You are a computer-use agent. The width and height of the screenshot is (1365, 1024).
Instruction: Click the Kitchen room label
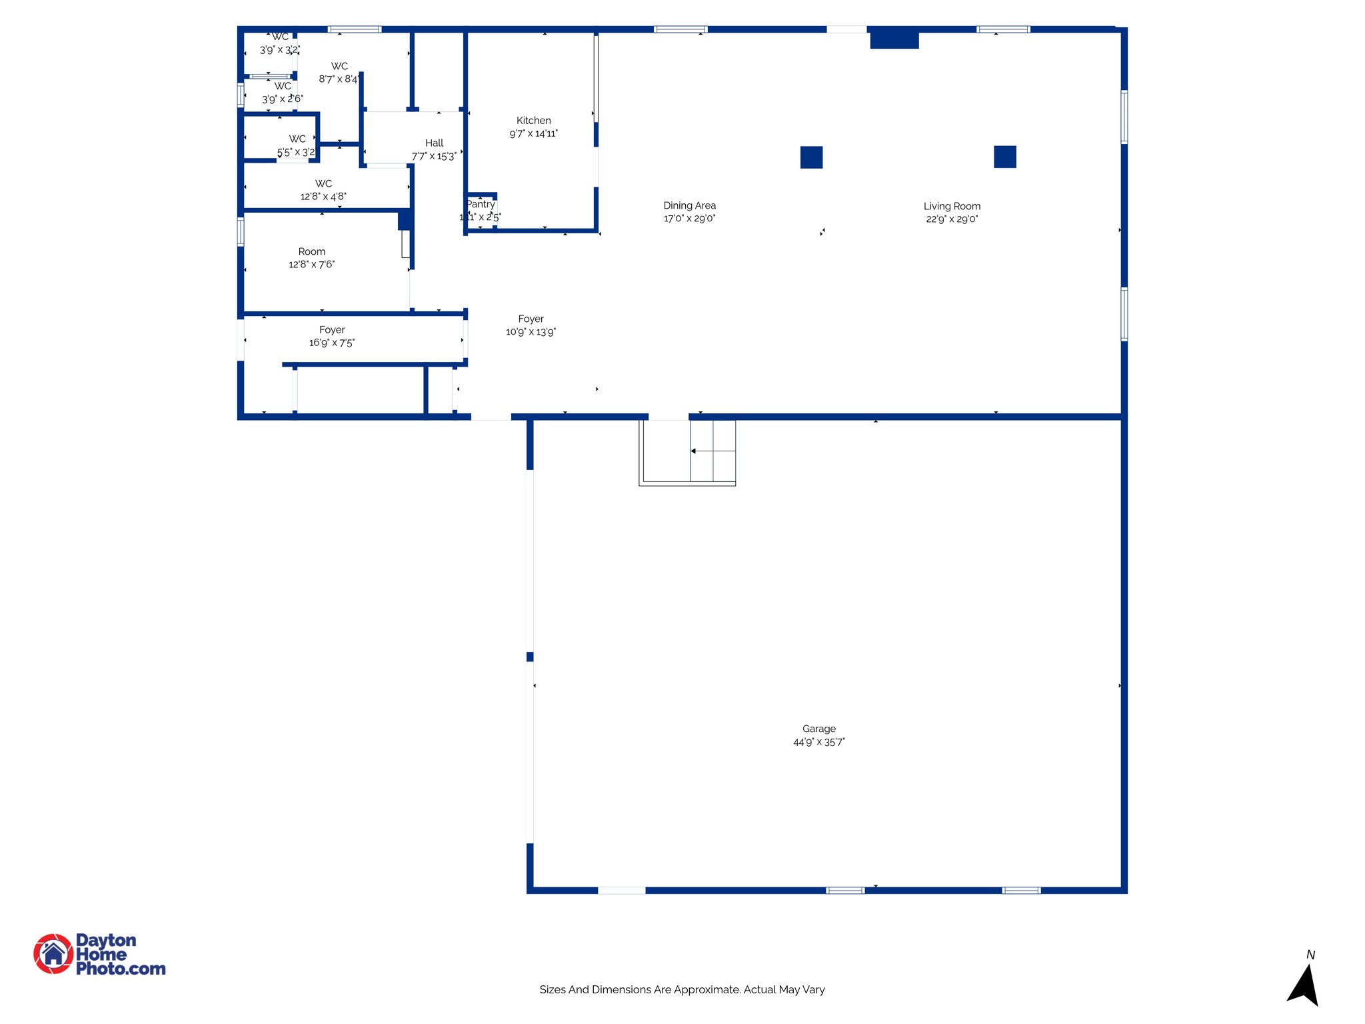pos(533,121)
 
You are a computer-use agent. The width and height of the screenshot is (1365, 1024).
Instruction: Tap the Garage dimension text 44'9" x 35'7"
pos(818,742)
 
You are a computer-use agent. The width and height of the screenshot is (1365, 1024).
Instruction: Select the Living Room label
pos(951,206)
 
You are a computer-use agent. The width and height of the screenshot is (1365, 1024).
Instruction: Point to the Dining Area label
pos(689,205)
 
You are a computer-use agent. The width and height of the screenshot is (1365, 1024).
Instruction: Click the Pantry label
pos(481,204)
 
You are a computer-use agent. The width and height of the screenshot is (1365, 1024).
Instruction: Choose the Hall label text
pos(434,143)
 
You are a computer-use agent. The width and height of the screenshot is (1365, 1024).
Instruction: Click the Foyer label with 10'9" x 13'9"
pos(531,319)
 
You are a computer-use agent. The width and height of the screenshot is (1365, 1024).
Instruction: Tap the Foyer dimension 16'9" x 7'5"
pos(331,343)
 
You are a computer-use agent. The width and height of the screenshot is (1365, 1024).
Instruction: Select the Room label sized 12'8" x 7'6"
pos(311,252)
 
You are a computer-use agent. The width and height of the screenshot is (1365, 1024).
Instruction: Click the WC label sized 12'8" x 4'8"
pos(323,183)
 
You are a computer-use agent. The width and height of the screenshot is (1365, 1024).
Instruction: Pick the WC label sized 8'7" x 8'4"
pos(339,67)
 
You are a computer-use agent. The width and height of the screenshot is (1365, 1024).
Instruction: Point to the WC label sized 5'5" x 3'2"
pos(297,139)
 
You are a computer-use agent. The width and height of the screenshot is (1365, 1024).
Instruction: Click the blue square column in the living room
pos(1004,157)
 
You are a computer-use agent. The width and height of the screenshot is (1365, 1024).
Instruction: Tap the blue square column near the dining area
pos(811,157)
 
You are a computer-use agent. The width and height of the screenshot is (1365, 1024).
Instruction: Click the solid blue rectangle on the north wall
pos(894,39)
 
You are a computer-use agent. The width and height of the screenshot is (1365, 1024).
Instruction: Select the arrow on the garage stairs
pos(693,451)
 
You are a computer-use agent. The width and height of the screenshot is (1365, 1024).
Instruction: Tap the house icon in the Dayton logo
pos(53,954)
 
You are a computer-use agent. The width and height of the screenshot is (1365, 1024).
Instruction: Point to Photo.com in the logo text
pos(121,969)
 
